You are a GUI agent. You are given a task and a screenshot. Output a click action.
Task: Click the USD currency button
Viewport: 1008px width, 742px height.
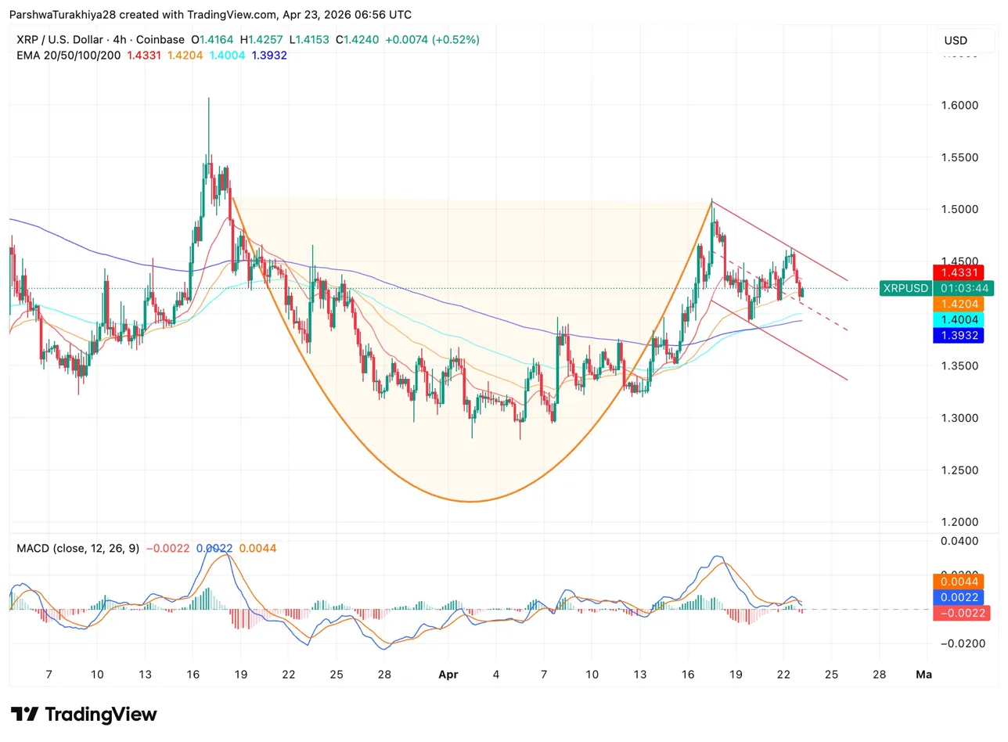pos(956,41)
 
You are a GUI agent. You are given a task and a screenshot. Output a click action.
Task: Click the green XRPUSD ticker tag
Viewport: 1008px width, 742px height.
pos(905,288)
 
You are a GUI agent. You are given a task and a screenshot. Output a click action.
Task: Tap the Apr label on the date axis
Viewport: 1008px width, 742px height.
pos(448,674)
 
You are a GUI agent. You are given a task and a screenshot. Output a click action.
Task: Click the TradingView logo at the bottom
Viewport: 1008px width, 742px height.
pos(84,715)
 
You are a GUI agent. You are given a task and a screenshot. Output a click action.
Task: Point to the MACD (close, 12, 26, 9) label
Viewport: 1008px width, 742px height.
pos(78,549)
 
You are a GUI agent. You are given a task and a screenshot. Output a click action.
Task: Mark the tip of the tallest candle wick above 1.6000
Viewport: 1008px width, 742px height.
pos(208,98)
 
